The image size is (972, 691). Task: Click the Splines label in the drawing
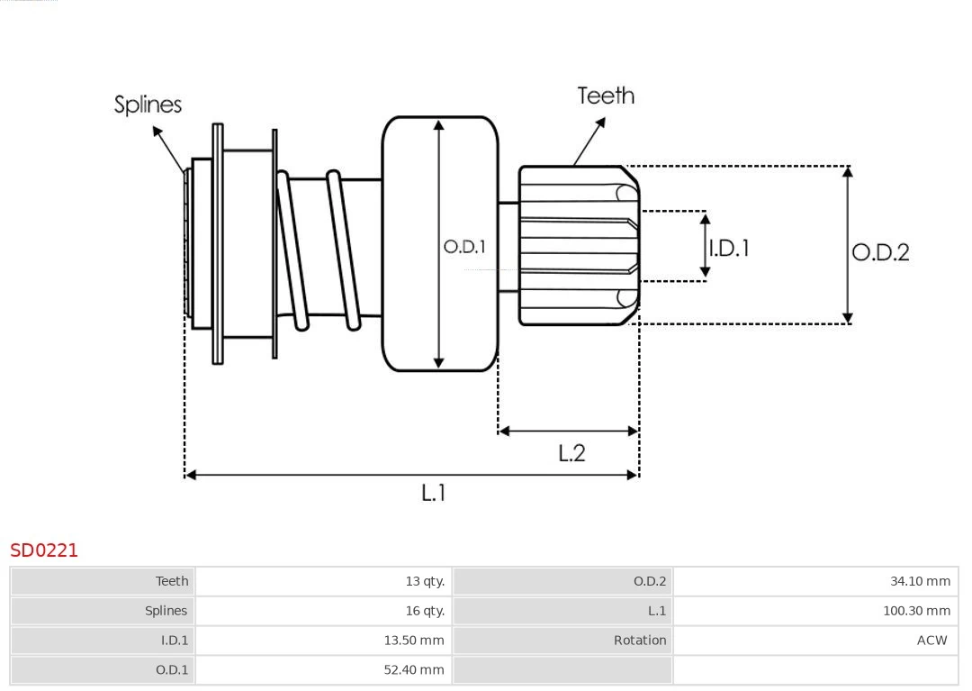[148, 105]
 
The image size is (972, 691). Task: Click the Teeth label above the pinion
[606, 95]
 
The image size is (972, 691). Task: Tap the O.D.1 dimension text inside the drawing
[464, 246]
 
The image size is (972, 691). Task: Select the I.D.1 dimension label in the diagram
[729, 248]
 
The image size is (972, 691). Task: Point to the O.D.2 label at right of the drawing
[880, 252]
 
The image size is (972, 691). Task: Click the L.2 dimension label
[571, 452]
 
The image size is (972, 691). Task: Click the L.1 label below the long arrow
[434, 493]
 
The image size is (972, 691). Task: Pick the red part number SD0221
[44, 550]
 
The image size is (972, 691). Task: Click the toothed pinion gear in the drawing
[576, 245]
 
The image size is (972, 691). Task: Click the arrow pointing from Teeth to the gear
[589, 141]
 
